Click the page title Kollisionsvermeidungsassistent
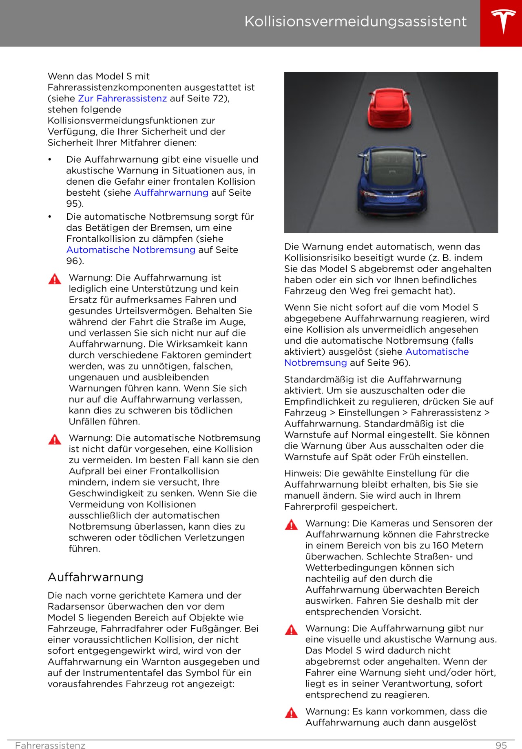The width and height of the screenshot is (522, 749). (355, 21)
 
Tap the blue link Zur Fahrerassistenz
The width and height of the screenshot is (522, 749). (122, 98)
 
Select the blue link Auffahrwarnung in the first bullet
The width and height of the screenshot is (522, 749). (171, 192)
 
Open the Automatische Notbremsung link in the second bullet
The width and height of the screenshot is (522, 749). (131, 250)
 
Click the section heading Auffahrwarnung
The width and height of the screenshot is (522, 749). (95, 577)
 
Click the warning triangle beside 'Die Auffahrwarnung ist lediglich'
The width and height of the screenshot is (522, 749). (55, 279)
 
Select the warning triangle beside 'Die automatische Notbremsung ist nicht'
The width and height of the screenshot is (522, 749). (55, 440)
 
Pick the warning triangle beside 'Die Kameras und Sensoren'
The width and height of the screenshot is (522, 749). (291, 525)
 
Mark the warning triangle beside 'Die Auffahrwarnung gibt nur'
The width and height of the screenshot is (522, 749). (291, 630)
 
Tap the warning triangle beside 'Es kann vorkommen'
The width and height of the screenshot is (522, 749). (291, 713)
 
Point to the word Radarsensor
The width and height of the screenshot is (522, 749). (76, 606)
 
